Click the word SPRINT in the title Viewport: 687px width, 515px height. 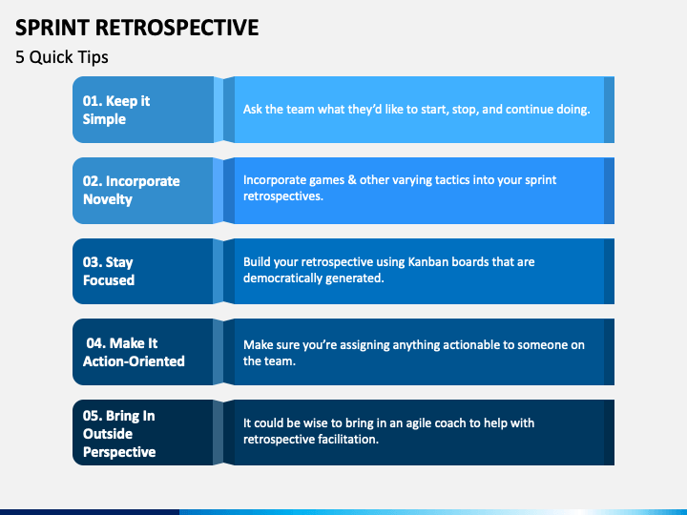pos(52,28)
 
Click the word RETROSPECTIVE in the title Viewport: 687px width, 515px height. pos(177,28)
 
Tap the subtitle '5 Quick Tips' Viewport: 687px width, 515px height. pos(62,57)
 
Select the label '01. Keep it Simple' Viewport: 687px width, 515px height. pos(116,110)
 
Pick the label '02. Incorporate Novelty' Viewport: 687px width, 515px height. pos(131,190)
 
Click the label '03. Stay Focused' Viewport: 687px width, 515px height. pos(108,271)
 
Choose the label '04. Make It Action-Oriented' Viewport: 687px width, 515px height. pos(134,352)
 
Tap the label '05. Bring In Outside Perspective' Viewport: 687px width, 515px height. pos(119,434)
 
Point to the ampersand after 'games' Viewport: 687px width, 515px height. pos(352,180)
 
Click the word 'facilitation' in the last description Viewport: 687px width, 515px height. pos(348,440)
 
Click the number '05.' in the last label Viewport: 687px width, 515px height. pos(93,416)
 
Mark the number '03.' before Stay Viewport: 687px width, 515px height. pos(93,262)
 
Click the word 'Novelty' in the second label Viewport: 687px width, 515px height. pos(108,199)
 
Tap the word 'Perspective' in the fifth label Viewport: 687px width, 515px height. pos(119,452)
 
